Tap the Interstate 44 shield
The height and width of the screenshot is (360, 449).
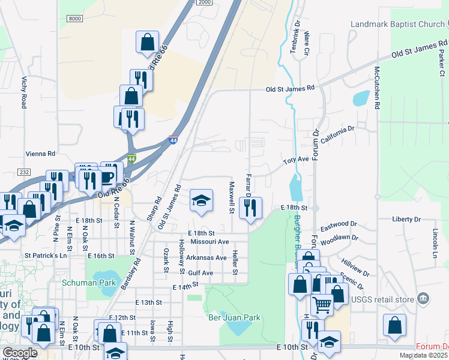coord(173,139)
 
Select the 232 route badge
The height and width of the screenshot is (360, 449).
coord(24,172)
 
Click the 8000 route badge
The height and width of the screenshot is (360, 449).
coord(74,19)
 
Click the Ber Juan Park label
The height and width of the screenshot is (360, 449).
coord(234,317)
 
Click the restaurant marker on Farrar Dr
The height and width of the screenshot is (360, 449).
coord(250,207)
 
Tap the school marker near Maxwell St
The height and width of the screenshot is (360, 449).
coord(201,201)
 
